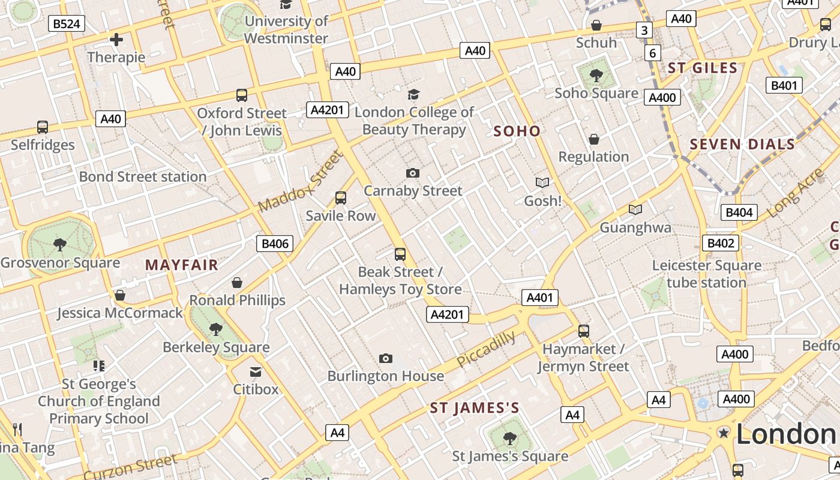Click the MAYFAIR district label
(x=181, y=265)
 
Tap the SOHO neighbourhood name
(x=517, y=131)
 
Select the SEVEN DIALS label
(x=742, y=144)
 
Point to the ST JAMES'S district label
(x=475, y=409)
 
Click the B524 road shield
(x=66, y=24)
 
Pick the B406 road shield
(x=275, y=244)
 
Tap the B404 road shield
(x=739, y=212)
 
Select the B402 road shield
(x=721, y=243)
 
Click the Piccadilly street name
(x=486, y=349)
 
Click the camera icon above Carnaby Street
(x=413, y=173)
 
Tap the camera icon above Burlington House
(x=386, y=359)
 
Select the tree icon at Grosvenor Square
(x=59, y=244)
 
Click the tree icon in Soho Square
(x=596, y=75)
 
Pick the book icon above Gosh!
(x=542, y=182)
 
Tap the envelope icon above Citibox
(x=256, y=372)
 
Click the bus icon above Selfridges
(x=43, y=127)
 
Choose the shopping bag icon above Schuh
(x=596, y=25)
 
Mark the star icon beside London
(x=724, y=433)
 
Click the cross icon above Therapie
(x=116, y=40)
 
